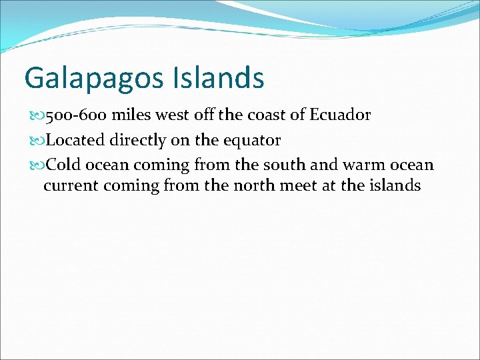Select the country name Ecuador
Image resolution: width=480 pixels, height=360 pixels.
(340, 115)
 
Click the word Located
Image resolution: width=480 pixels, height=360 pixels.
(75, 140)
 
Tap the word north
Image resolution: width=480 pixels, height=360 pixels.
(251, 185)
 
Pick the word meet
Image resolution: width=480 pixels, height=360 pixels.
(299, 185)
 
